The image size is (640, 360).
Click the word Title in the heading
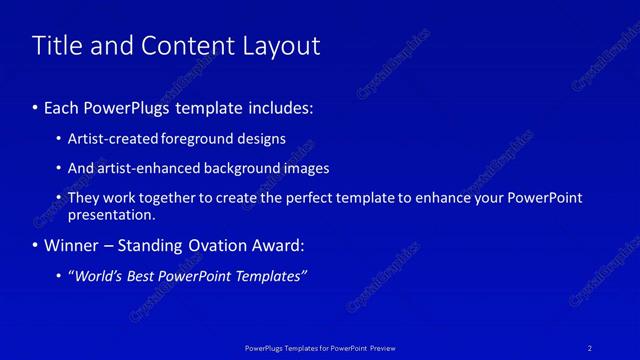point(56,46)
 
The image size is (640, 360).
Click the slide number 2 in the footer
point(590,347)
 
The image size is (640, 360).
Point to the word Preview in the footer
point(383,347)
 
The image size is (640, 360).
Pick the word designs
point(264,139)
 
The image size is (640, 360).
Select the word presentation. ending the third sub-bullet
point(112,214)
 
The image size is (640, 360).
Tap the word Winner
point(72,245)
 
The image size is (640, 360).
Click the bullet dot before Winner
point(36,246)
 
